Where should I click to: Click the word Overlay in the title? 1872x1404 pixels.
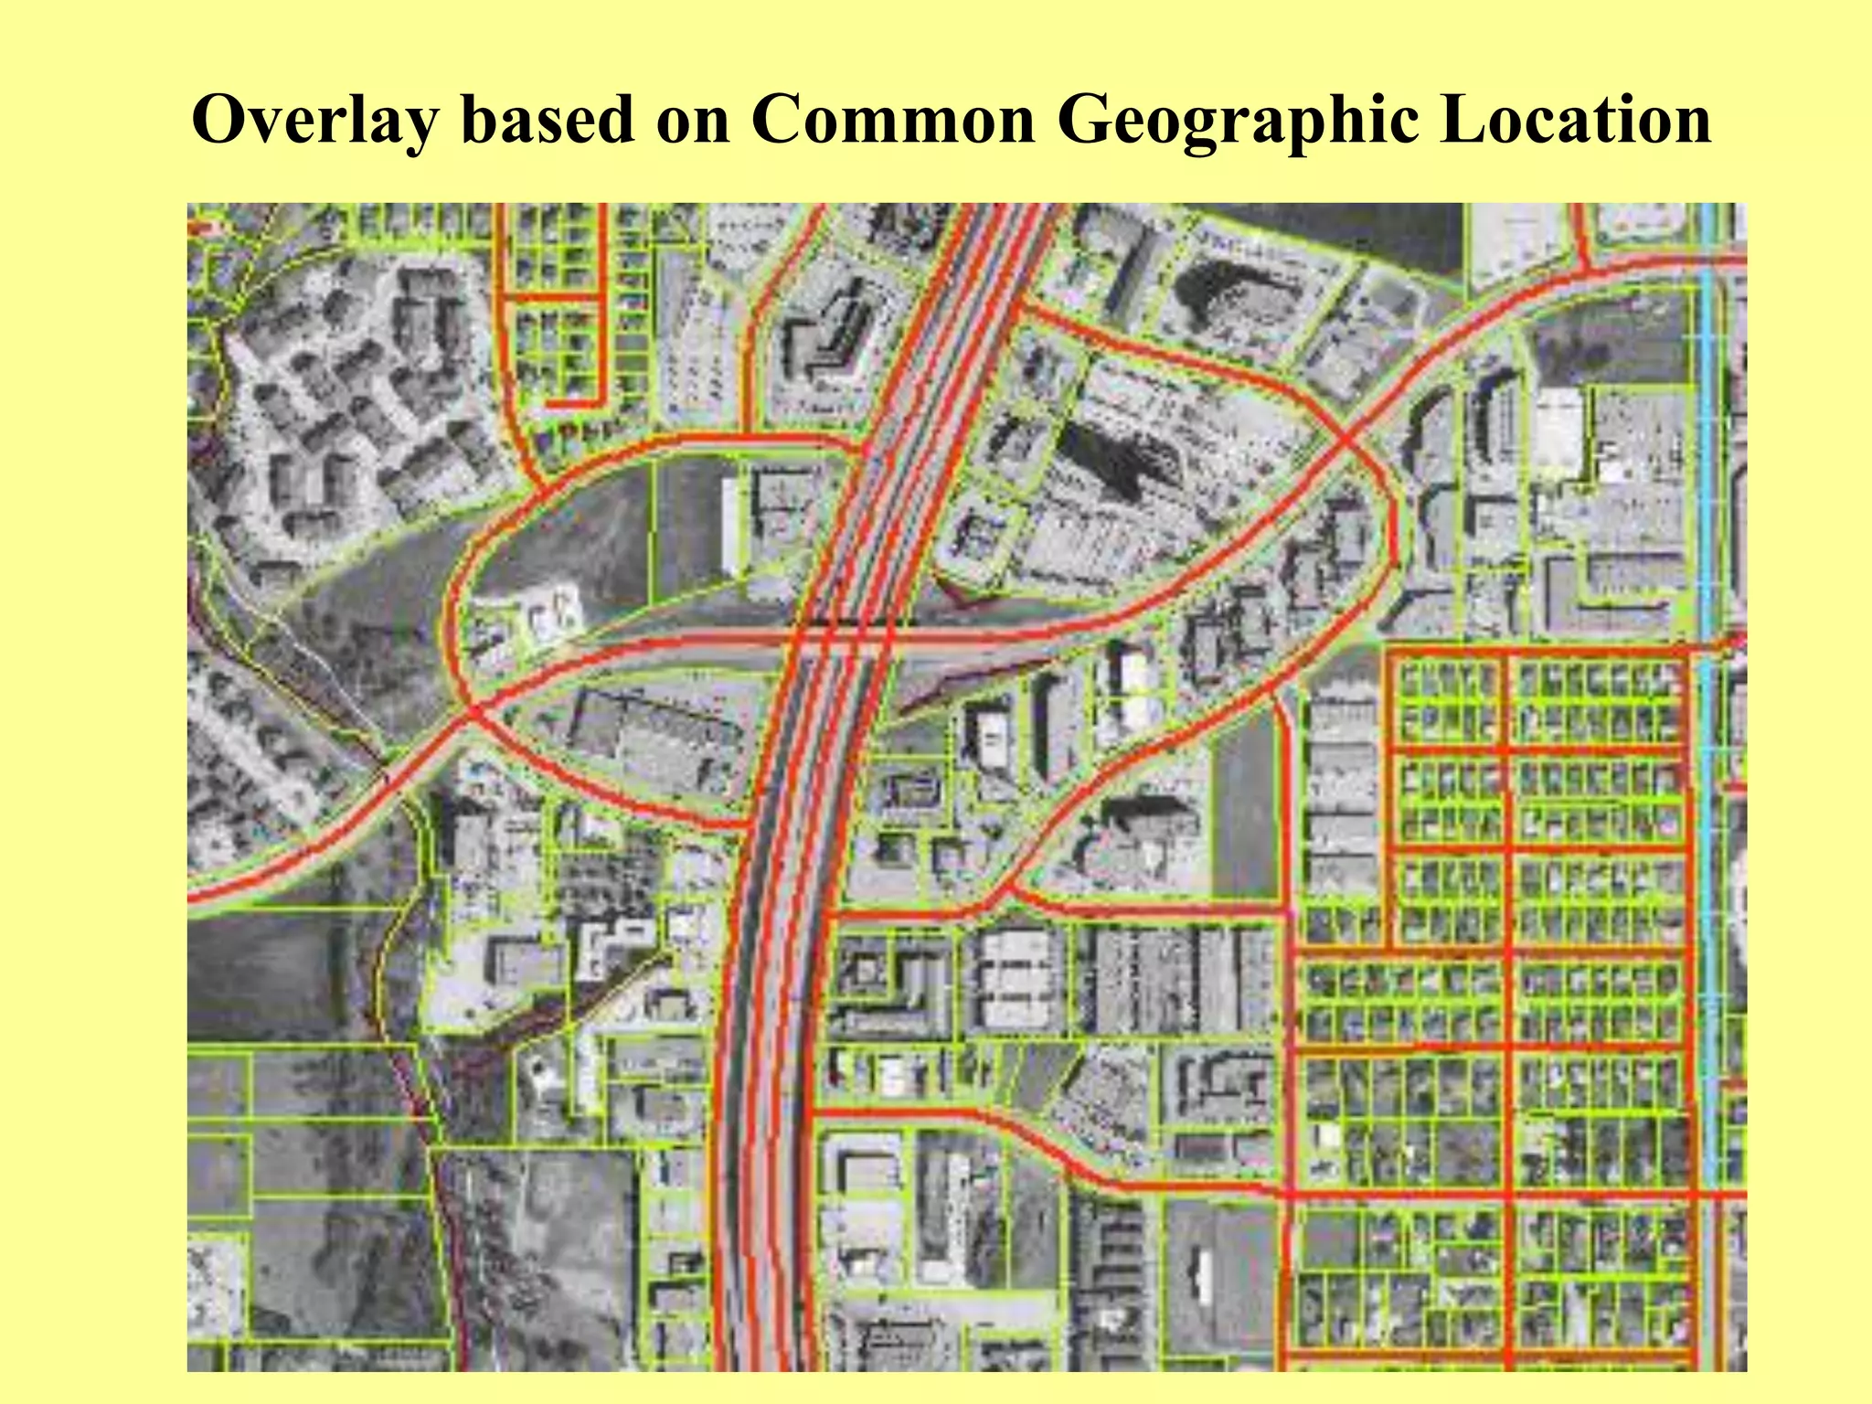311,121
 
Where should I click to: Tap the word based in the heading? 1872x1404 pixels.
548,121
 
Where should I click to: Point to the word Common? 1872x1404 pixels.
893,121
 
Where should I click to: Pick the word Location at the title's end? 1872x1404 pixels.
1575,121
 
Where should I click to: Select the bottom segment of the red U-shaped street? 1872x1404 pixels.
575,402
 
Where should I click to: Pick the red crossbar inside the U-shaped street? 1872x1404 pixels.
553,297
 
